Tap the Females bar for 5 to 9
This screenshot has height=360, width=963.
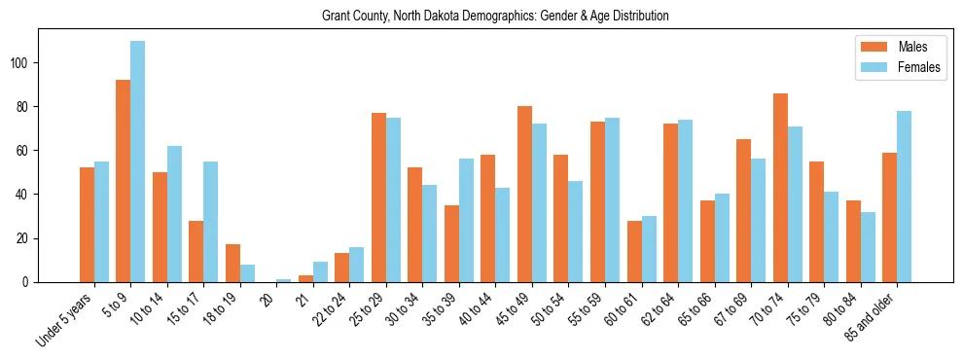pos(138,162)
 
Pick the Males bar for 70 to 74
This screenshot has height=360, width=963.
pos(780,188)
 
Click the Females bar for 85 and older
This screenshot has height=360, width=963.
pos(905,197)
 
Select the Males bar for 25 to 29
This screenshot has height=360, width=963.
pos(378,198)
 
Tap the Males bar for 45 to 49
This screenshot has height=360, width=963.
pos(524,194)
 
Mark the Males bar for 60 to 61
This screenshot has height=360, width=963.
pos(634,251)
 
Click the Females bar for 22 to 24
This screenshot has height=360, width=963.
pos(357,265)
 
